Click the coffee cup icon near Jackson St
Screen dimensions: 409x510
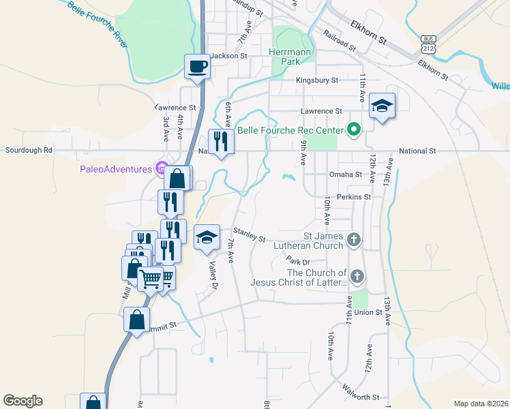197,67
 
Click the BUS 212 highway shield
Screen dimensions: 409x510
428,43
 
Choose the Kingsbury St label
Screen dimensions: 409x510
317,80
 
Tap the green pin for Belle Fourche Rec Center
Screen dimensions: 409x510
353,129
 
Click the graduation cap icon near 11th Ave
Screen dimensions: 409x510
382,106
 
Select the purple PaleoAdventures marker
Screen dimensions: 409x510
161,168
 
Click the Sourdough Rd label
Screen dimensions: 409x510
29,151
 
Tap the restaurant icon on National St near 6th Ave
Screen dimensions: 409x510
220,142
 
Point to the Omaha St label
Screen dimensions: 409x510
345,175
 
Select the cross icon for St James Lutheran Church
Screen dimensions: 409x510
353,239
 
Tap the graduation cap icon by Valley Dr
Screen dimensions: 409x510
207,237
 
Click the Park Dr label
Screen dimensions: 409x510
298,261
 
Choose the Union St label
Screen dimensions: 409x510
367,313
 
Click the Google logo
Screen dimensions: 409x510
22,401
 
